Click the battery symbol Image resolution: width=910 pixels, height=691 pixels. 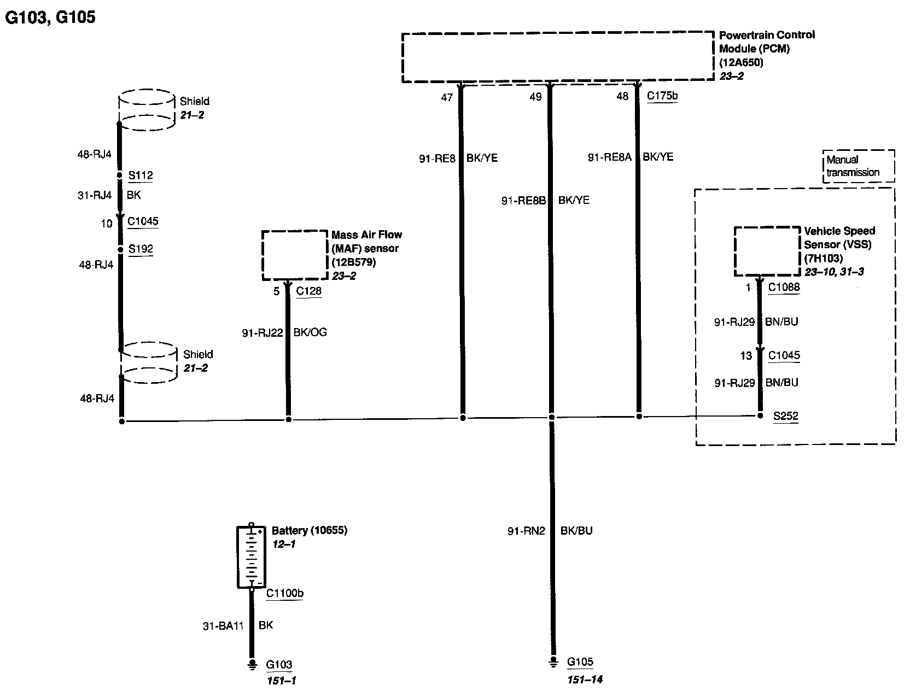(x=251, y=557)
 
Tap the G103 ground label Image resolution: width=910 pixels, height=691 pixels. (x=279, y=665)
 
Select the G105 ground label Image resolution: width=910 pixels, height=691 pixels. (x=580, y=662)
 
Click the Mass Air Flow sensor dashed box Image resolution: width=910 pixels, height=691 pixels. (x=295, y=255)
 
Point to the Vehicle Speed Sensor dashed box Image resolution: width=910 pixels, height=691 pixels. (x=767, y=251)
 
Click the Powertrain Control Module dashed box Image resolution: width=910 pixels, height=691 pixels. (x=558, y=57)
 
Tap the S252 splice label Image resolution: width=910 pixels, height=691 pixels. (x=785, y=416)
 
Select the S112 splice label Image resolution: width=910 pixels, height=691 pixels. (x=141, y=175)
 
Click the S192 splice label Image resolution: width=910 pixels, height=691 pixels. (x=141, y=249)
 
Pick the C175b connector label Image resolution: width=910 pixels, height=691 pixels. (x=662, y=96)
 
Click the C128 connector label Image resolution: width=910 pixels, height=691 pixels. (x=309, y=291)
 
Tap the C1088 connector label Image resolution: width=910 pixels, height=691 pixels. (x=784, y=287)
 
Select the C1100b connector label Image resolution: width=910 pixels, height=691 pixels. (x=285, y=593)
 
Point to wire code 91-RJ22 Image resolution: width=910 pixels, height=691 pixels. (x=262, y=332)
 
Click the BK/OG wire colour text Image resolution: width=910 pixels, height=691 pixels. (x=310, y=332)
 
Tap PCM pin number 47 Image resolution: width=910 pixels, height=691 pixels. (x=447, y=97)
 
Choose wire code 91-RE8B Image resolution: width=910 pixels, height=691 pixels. (x=523, y=201)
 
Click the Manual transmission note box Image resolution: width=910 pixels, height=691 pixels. (x=859, y=166)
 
